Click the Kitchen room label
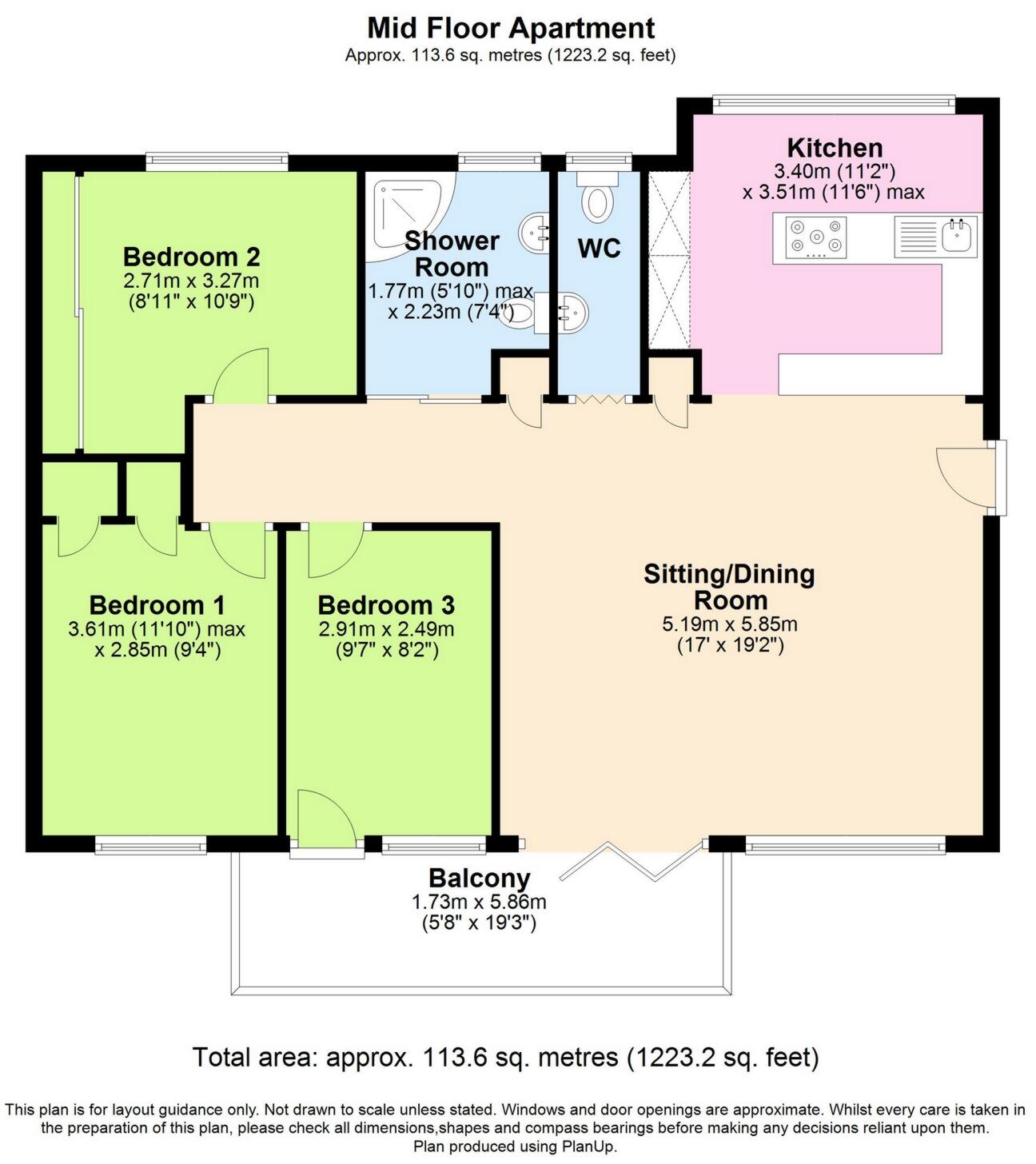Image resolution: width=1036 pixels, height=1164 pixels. [835, 148]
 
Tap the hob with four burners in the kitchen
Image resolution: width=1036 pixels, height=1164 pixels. [815, 237]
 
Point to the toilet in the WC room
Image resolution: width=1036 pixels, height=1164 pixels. [596, 201]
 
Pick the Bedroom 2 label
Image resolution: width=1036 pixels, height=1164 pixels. [191, 257]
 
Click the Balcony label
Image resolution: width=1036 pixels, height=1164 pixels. [479, 878]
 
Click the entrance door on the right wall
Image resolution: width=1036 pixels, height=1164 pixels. [967, 476]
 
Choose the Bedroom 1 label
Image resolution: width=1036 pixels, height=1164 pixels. [157, 605]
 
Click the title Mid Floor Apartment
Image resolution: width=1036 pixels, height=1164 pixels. [510, 28]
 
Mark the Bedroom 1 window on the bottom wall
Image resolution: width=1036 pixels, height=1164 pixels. [149, 844]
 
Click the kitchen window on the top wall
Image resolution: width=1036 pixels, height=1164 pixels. [834, 102]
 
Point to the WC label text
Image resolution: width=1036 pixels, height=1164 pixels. [599, 249]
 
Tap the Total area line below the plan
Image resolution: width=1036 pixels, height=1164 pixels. [505, 1058]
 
